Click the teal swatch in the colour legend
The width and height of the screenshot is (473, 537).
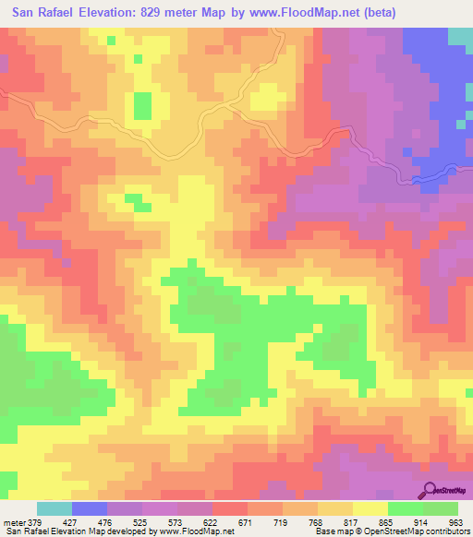click(x=55, y=508)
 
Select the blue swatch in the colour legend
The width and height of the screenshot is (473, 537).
click(x=90, y=508)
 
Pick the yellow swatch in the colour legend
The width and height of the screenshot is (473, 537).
click(x=370, y=508)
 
